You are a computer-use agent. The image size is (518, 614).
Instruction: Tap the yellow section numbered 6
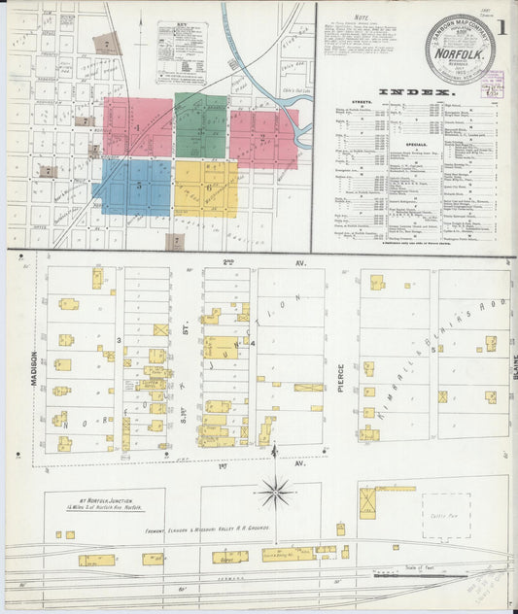[206, 188]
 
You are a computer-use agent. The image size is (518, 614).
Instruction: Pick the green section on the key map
[201, 127]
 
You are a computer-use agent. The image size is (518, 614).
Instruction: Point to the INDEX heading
[417, 92]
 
